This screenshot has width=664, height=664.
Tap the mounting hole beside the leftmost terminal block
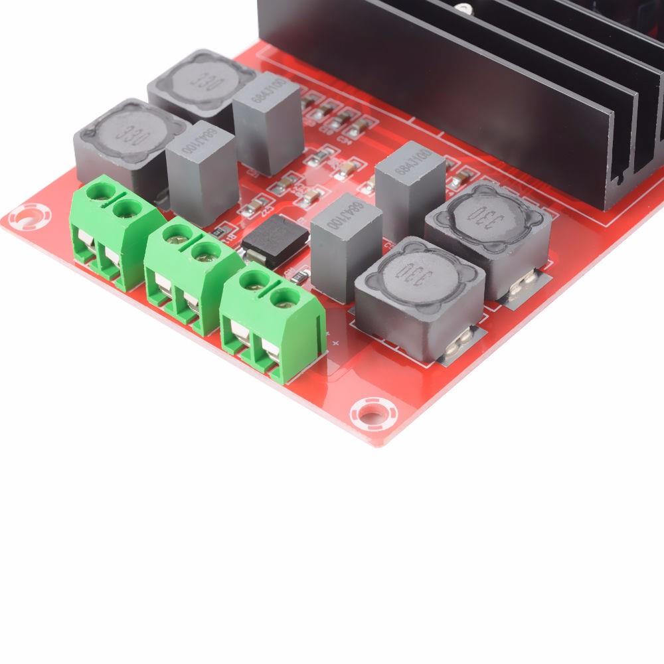click(29, 216)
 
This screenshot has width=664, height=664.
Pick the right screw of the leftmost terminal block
click(124, 210)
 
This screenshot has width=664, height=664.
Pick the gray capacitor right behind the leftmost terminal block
click(201, 170)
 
